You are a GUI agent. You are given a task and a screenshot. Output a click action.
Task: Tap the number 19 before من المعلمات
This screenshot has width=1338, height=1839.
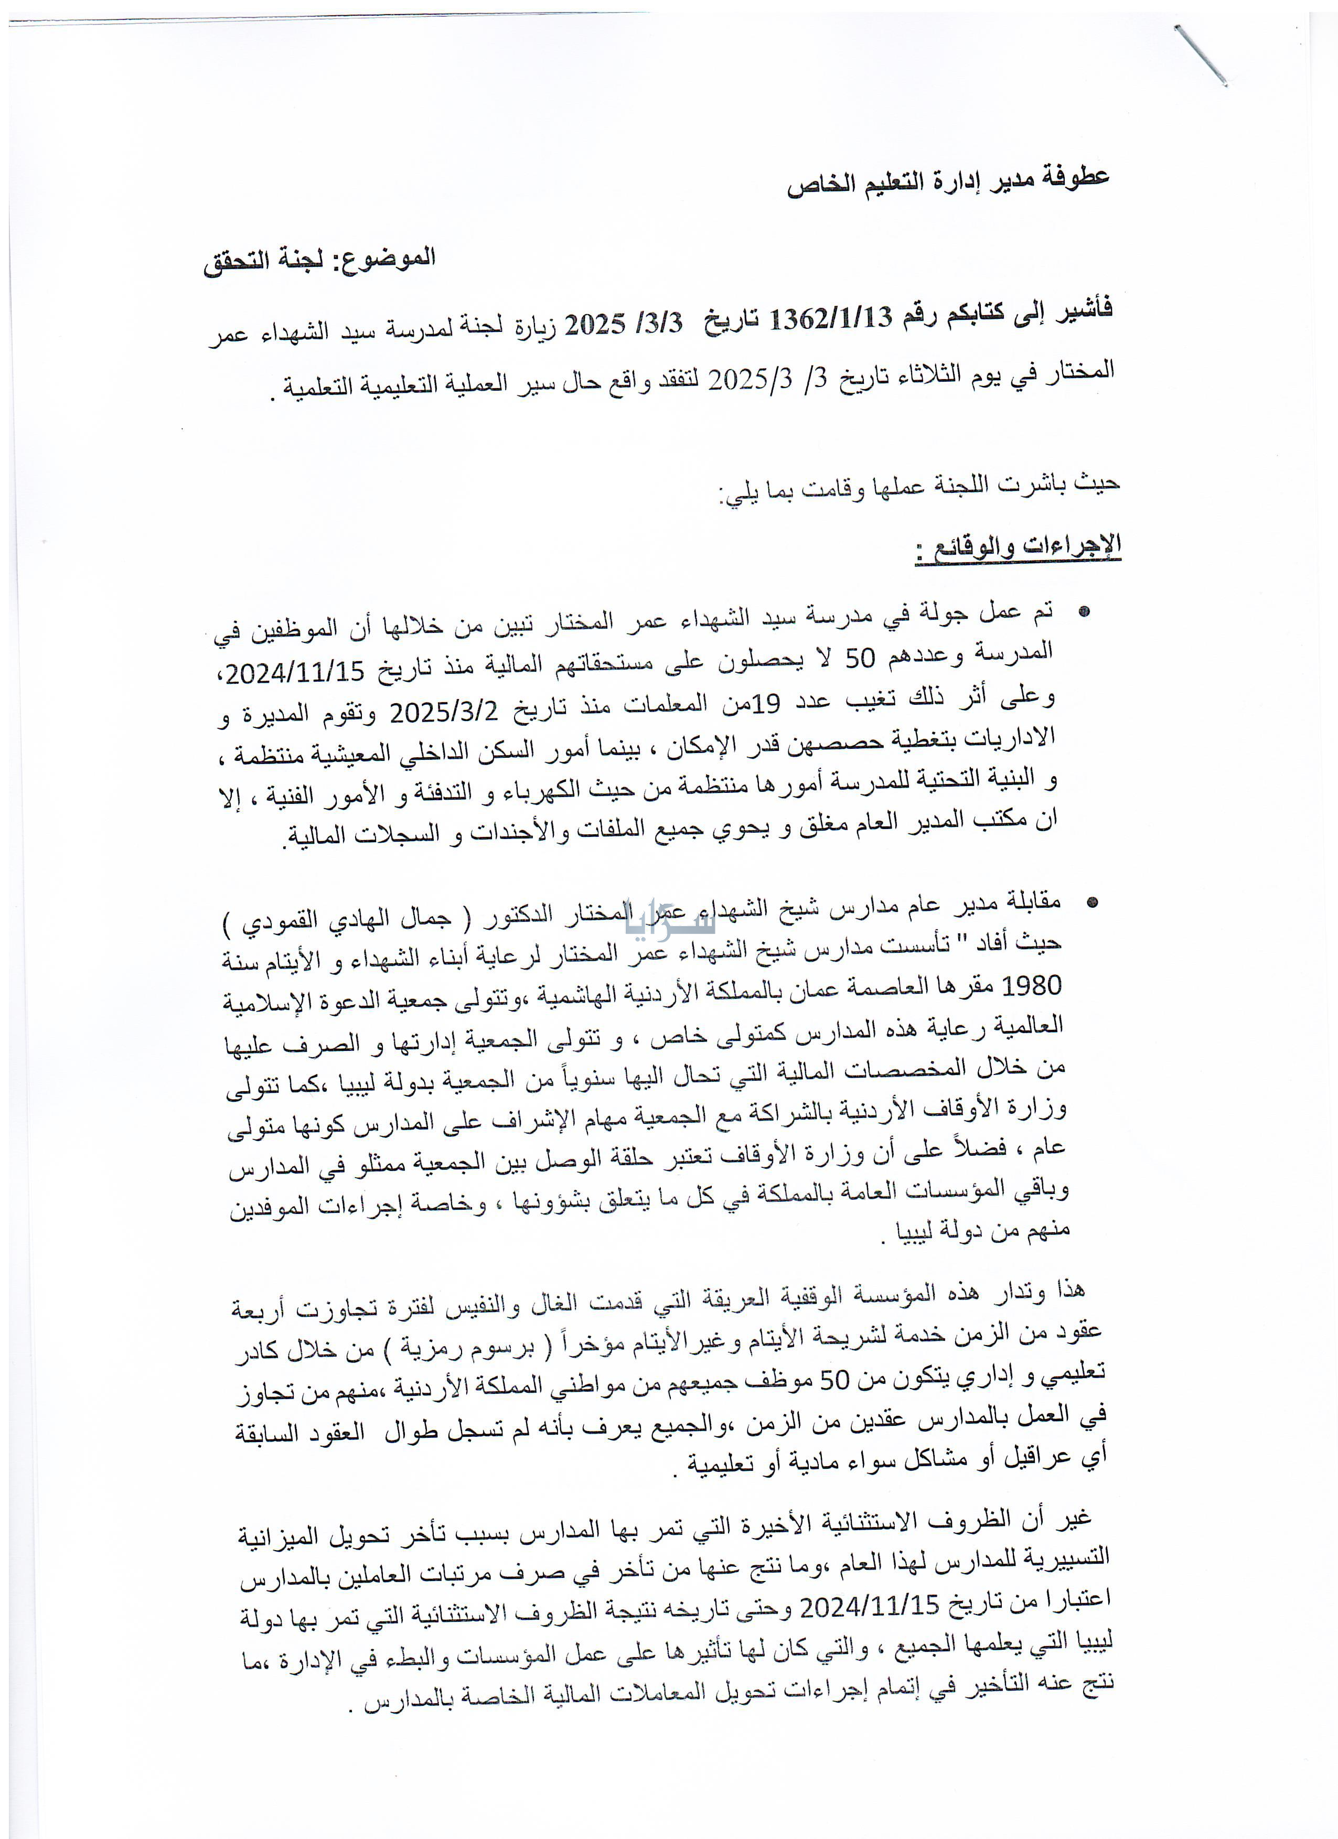pos(765,704)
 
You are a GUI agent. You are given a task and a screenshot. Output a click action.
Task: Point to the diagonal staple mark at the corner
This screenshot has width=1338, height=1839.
pos(1200,55)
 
